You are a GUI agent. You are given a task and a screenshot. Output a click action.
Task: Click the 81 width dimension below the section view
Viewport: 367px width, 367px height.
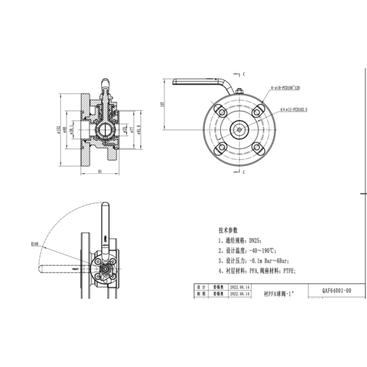tap(99, 173)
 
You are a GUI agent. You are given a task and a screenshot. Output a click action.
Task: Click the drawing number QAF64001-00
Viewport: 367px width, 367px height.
tap(337, 291)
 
